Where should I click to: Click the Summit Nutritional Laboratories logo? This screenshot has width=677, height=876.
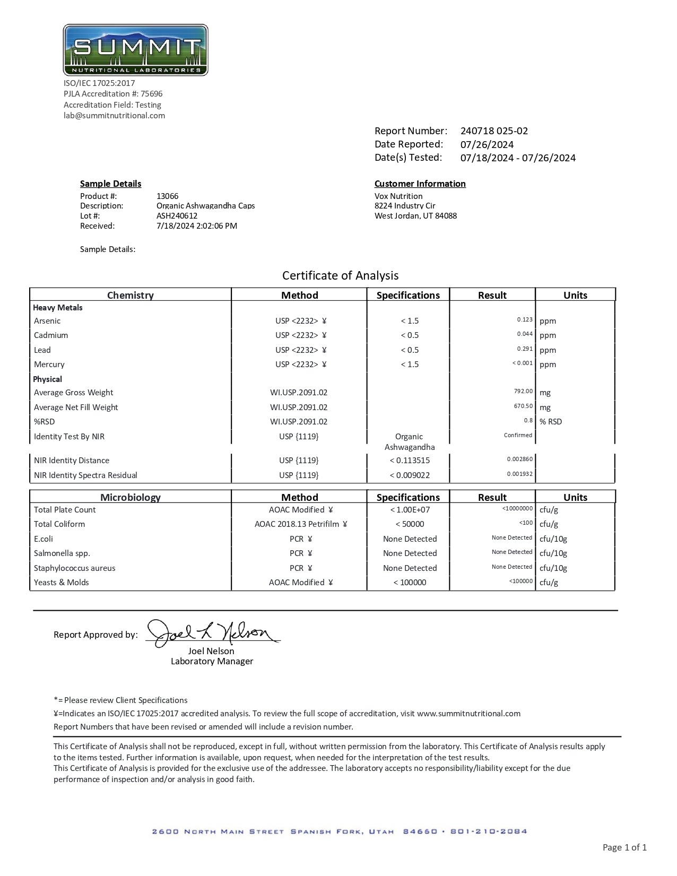point(135,50)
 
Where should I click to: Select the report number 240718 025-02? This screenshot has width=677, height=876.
point(494,131)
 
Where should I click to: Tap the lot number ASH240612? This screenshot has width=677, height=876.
point(177,216)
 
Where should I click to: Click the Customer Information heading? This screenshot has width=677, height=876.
point(420,184)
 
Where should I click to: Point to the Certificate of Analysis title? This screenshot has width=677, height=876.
point(340,275)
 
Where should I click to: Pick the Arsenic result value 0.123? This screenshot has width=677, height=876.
point(524,320)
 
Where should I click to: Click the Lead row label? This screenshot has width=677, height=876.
point(42,350)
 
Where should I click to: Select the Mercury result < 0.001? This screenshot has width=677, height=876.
point(522,363)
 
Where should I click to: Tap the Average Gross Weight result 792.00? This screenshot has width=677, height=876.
point(523,392)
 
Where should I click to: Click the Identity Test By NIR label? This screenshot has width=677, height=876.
point(69,437)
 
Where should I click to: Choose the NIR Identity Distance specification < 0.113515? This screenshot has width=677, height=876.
point(410,461)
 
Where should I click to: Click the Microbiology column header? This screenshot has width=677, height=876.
point(131,497)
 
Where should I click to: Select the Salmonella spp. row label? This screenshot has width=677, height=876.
point(62,553)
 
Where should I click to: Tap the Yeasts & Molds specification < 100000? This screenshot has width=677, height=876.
point(410,583)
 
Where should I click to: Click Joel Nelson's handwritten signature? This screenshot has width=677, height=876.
point(212,632)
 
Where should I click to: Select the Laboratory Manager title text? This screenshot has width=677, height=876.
point(212,662)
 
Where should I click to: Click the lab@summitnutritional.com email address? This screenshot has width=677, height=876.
point(114,116)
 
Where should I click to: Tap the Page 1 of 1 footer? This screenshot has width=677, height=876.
point(624,847)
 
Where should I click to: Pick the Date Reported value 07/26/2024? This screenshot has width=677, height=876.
point(487,144)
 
